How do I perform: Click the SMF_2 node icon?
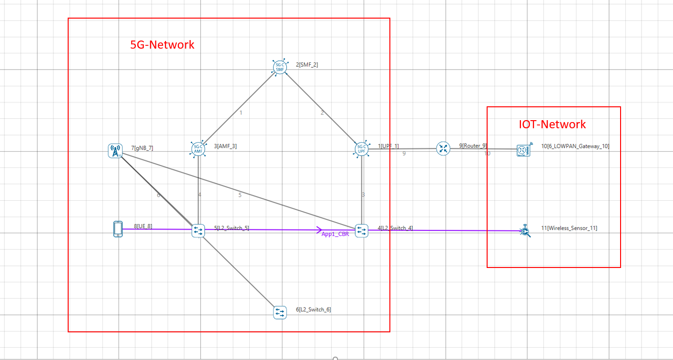pos(280,68)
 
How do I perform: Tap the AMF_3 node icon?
pos(198,149)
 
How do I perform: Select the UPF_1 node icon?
pos(362,149)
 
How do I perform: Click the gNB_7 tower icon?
pos(115,151)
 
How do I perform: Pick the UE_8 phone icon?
pos(118,229)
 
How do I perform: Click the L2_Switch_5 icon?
pos(198,231)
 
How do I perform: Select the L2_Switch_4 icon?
pos(362,231)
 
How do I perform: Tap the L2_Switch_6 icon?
pos(280,312)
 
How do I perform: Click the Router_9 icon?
pos(443,148)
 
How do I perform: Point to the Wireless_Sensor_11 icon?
pos(525,231)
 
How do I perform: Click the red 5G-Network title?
pos(163,45)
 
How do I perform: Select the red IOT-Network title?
pos(552,124)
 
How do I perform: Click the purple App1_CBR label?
pos(335,234)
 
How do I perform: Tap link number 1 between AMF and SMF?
pos(241,113)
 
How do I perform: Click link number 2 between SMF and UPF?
pos(322,113)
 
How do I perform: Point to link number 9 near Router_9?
pos(404,154)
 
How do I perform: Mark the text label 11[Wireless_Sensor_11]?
pos(569,228)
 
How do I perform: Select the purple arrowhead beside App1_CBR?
pos(319,230)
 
